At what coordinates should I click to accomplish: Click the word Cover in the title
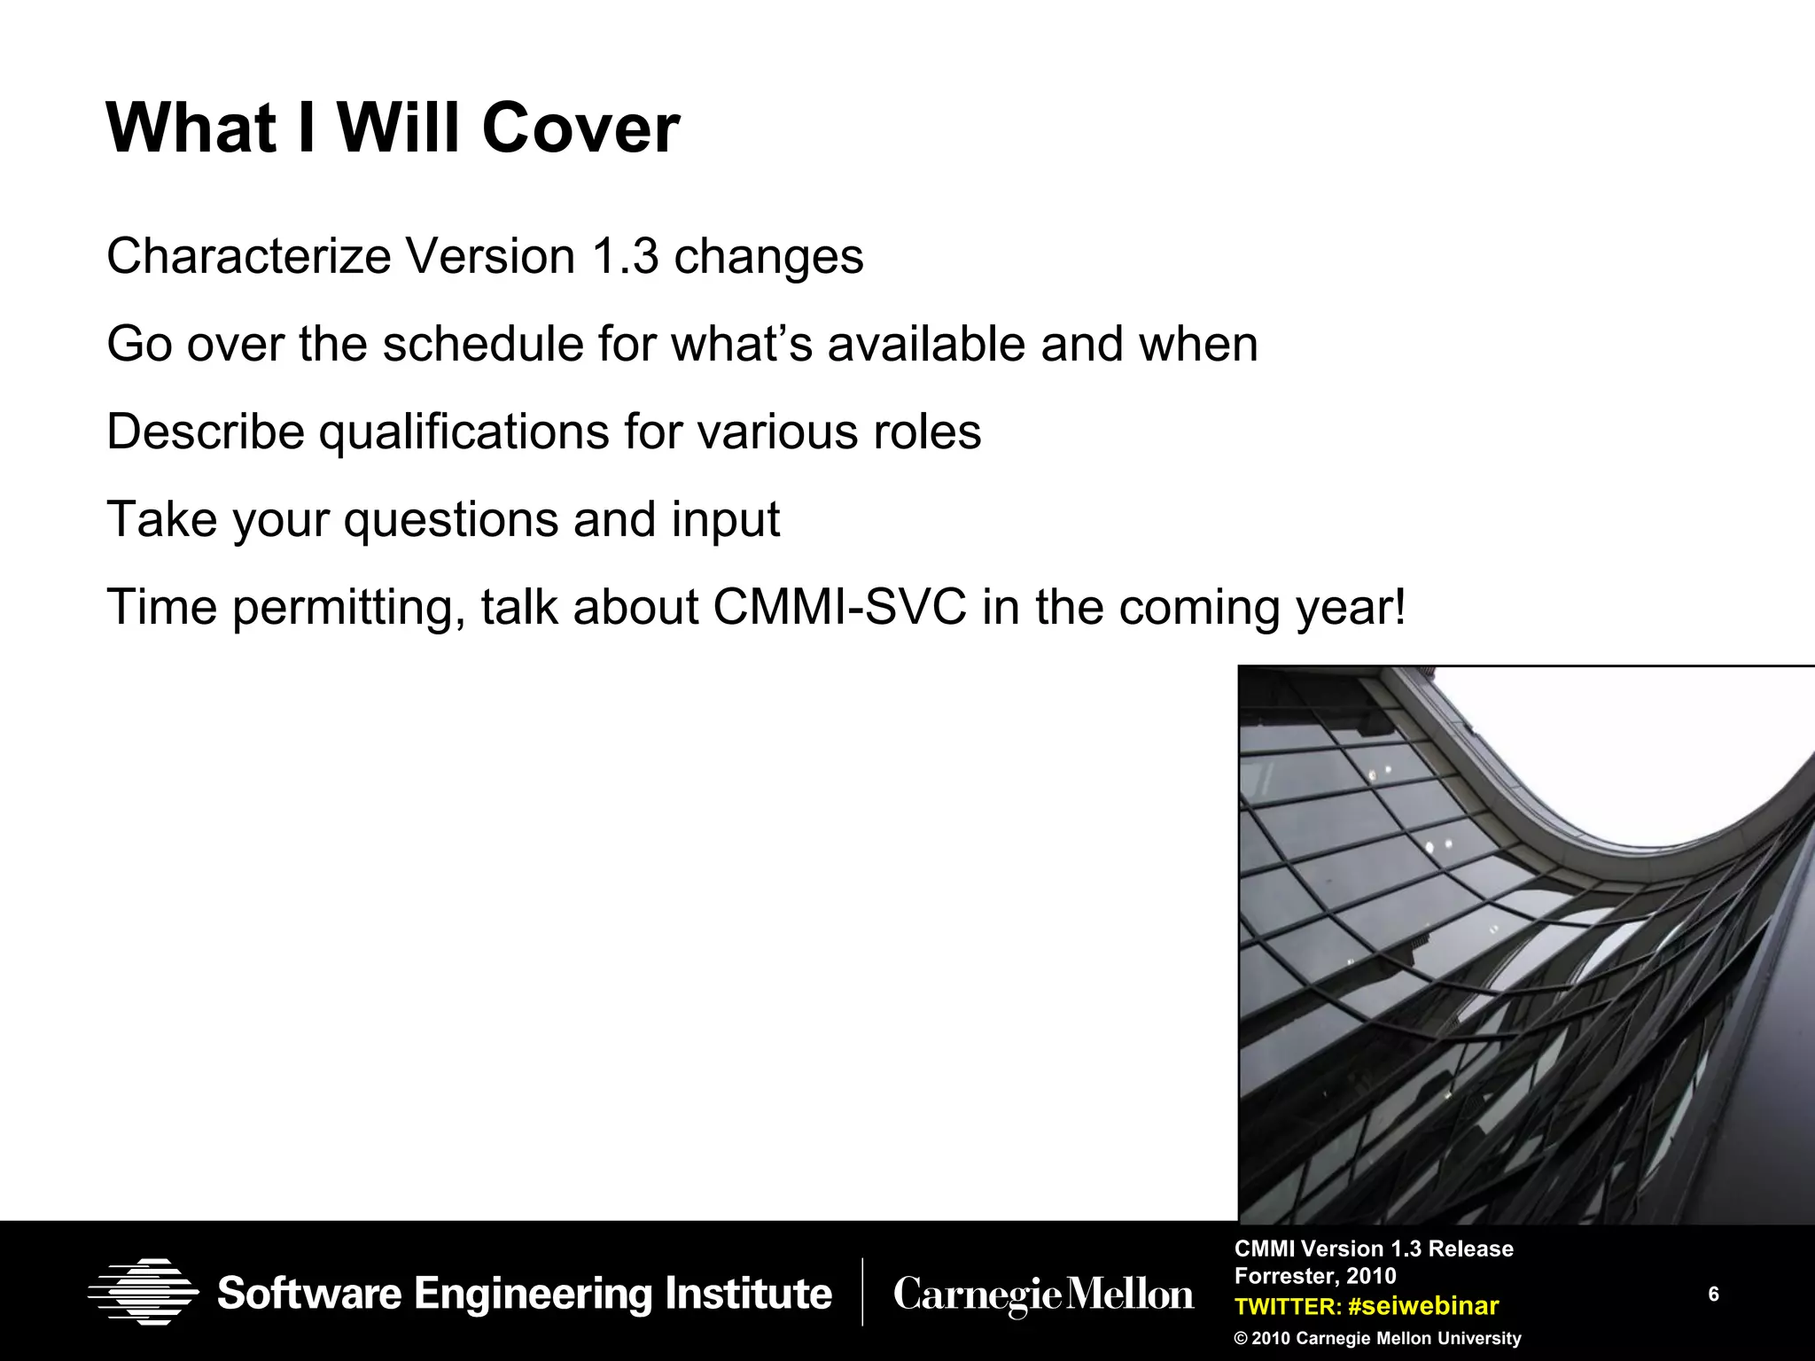[x=580, y=128]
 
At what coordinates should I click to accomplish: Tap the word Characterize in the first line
[x=248, y=257]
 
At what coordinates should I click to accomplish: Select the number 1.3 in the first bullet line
[x=625, y=257]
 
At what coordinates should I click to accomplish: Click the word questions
[x=450, y=520]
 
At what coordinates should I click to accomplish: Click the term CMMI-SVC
[x=839, y=608]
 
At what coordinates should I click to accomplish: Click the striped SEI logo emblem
[x=143, y=1292]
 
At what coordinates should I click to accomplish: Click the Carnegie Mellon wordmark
[x=1043, y=1295]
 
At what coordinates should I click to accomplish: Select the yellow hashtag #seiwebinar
[x=1422, y=1306]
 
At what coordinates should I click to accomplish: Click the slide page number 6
[x=1713, y=1295]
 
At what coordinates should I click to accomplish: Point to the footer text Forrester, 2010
[x=1315, y=1276]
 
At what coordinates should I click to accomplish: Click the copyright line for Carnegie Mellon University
[x=1377, y=1338]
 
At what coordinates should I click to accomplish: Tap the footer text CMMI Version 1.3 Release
[x=1374, y=1248]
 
